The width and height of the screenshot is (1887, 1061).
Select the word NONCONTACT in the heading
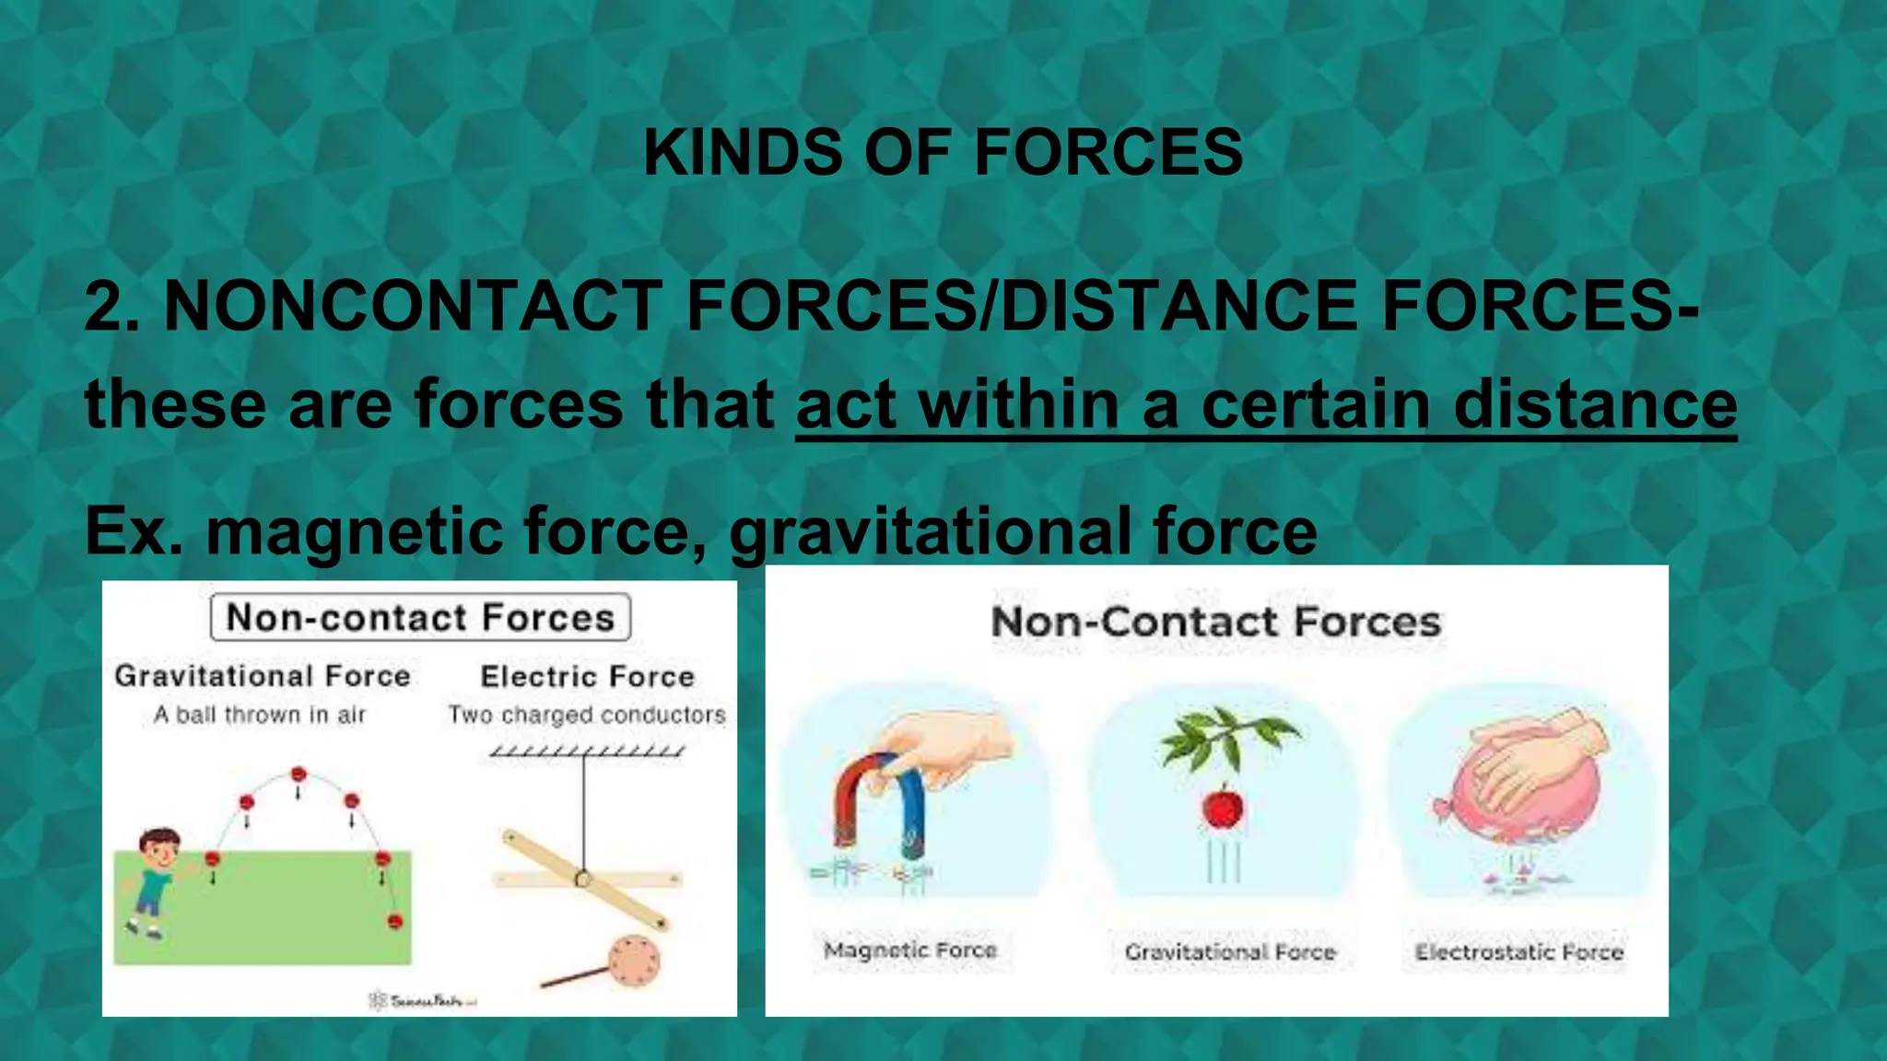(x=413, y=306)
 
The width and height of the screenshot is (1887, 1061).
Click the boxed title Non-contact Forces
(x=420, y=617)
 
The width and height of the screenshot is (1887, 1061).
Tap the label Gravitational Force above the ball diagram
(x=263, y=676)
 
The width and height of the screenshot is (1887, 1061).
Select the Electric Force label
(x=587, y=677)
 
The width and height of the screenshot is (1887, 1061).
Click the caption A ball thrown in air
(x=260, y=715)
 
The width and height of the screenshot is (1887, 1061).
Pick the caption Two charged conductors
(x=587, y=715)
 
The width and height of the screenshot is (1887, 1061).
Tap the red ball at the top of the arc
(x=298, y=775)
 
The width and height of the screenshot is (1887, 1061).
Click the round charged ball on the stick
(x=635, y=960)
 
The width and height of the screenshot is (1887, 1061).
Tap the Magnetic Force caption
(x=910, y=950)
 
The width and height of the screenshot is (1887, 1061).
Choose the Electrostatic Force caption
(x=1519, y=952)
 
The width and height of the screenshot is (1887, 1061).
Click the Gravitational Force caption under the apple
(x=1230, y=952)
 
